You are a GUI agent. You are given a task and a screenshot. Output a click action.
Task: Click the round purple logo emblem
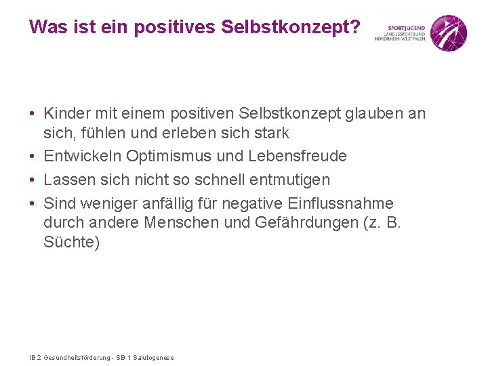(x=449, y=33)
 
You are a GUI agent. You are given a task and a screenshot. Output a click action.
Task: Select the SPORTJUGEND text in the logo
(x=405, y=28)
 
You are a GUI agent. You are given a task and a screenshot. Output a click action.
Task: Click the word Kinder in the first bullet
(x=66, y=114)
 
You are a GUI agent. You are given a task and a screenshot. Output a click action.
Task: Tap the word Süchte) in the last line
(x=71, y=242)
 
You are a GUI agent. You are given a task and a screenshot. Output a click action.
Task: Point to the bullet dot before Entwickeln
(x=33, y=157)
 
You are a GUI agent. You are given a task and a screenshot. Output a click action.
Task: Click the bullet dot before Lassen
(x=33, y=180)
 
